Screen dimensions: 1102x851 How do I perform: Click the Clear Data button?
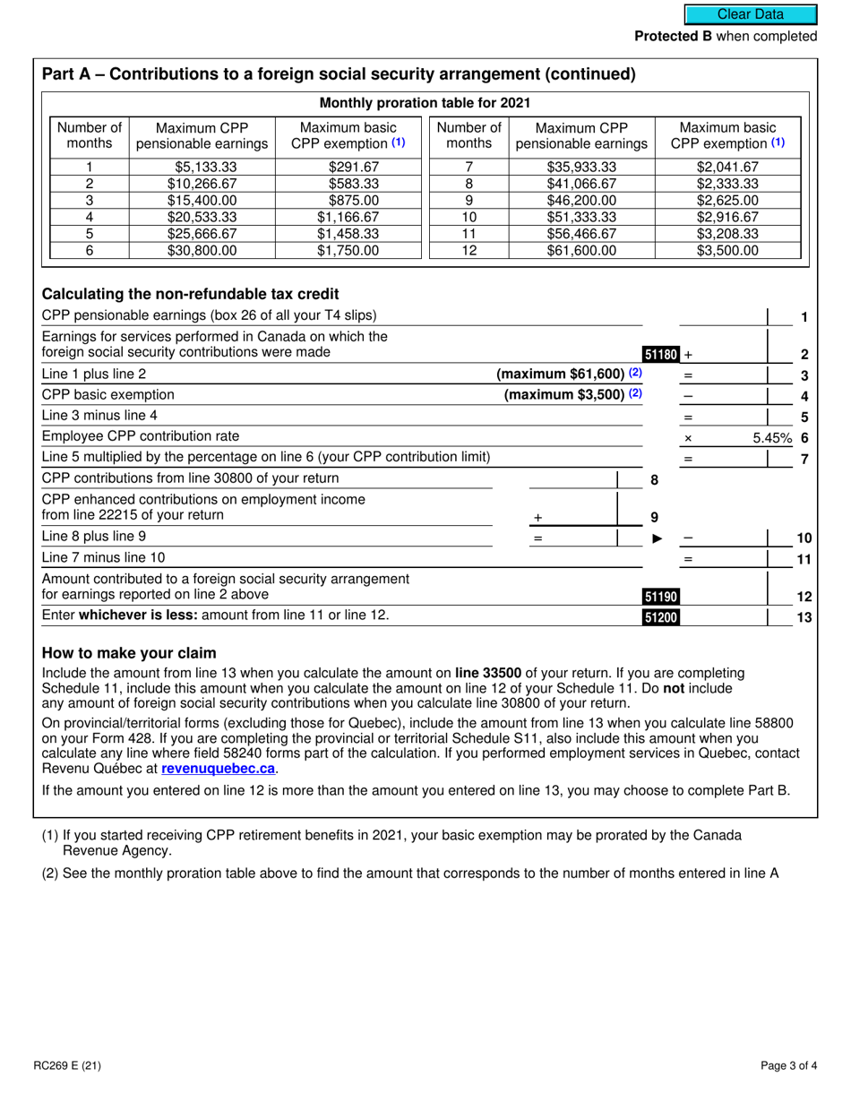751,14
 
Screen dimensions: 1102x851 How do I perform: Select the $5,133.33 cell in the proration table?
202,167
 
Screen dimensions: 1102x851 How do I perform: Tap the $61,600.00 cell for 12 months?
581,251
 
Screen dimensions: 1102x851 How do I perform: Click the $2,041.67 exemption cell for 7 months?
727,167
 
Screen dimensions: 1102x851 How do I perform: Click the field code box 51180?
661,355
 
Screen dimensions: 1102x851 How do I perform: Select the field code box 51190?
661,597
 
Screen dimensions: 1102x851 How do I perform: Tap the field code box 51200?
661,616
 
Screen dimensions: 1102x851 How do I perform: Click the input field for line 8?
572,479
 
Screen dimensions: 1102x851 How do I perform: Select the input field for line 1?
724,316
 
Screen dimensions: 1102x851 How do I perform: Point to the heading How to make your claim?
129,652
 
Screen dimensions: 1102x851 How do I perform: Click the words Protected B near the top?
677,37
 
